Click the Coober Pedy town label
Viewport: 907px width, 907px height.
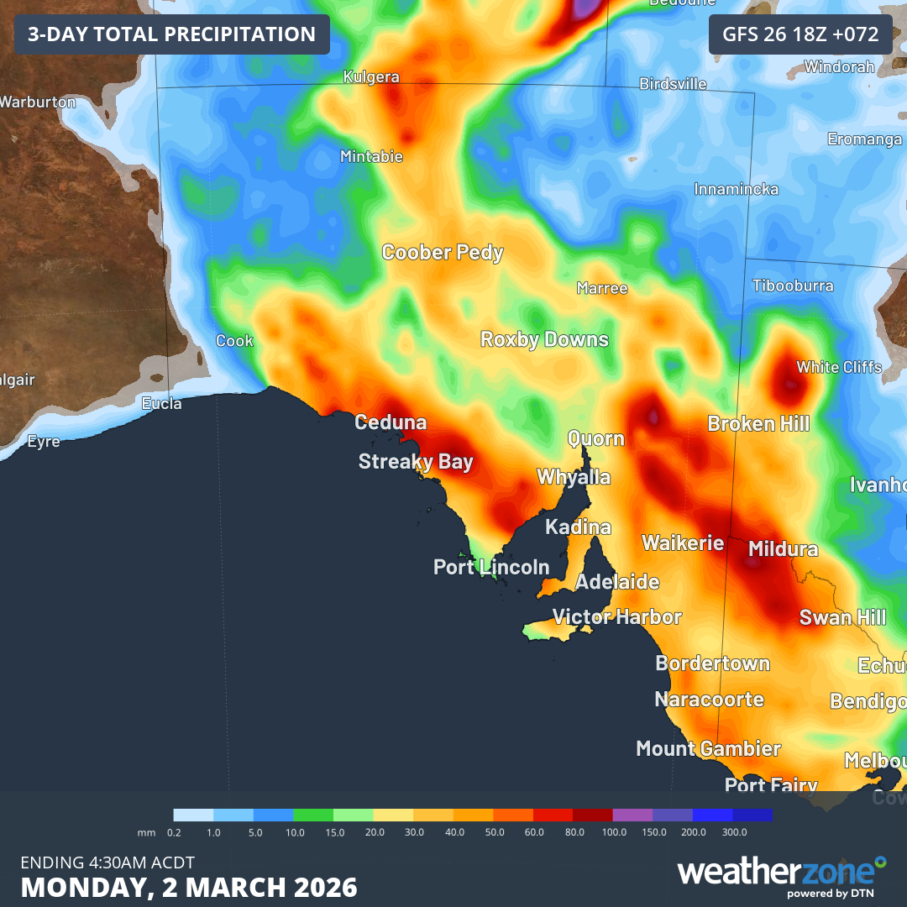tap(443, 252)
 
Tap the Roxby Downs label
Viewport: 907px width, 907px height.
tap(544, 339)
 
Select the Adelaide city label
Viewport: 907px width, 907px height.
tap(617, 582)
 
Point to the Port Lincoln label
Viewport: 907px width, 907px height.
tap(491, 568)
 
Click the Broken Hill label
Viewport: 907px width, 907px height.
tap(758, 423)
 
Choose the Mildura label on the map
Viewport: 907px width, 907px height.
tap(783, 549)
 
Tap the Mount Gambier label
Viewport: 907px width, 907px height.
tap(708, 748)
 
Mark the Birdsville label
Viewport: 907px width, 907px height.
tap(673, 84)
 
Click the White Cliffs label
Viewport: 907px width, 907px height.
tap(839, 367)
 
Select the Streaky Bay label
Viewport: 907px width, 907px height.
tap(416, 461)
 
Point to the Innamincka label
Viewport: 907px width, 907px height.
tap(736, 190)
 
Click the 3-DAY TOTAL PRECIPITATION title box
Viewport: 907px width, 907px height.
tap(171, 34)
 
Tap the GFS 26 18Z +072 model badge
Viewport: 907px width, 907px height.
tap(800, 34)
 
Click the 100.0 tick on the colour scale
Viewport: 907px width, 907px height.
tap(614, 832)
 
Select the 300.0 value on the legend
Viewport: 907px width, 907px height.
tap(734, 832)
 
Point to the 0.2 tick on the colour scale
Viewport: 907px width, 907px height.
tap(175, 832)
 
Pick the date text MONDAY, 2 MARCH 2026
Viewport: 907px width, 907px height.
tap(189, 887)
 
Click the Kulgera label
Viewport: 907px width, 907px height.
tap(371, 77)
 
